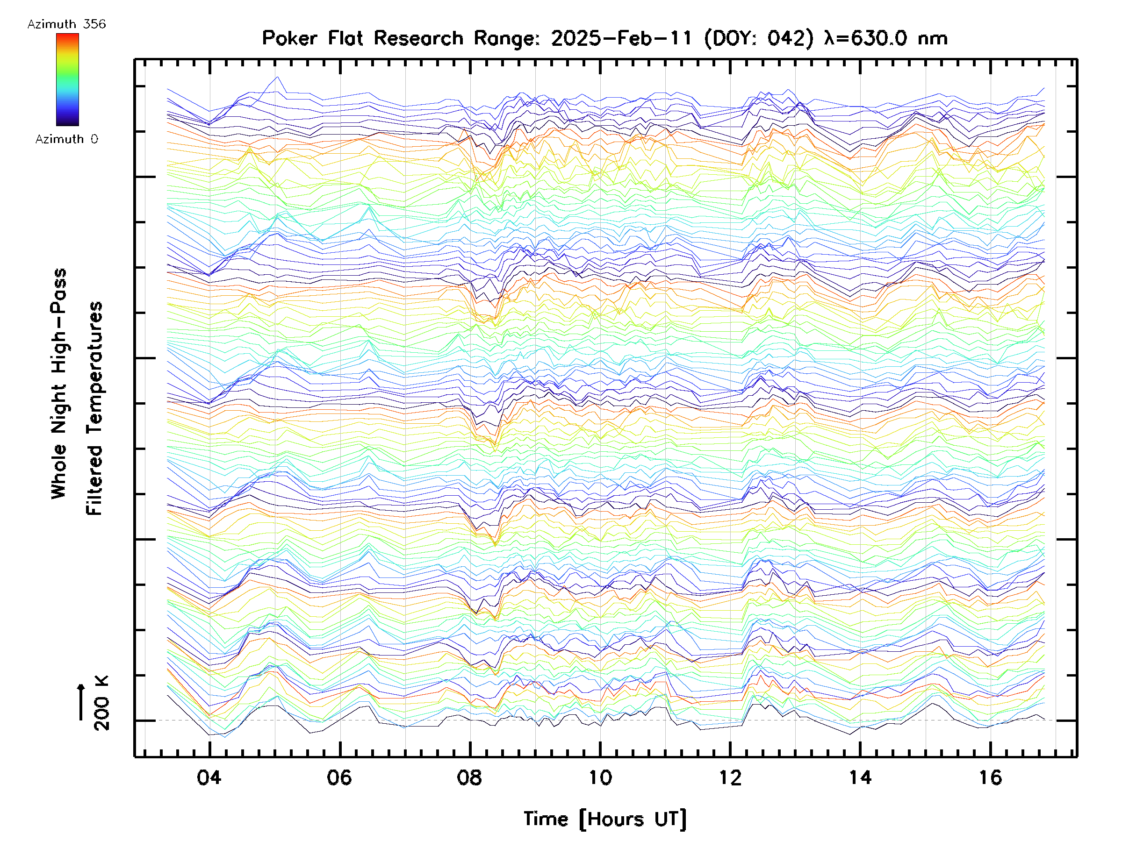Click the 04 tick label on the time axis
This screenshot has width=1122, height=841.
(209, 777)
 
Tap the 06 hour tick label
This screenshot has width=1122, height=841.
(339, 777)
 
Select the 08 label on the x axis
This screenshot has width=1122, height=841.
(469, 777)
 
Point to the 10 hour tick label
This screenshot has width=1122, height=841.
(600, 777)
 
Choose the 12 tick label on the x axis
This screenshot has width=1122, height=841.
(730, 777)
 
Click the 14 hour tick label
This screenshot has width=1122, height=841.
(860, 777)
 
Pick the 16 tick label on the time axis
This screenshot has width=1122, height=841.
(990, 777)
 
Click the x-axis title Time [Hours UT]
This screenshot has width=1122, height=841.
(605, 819)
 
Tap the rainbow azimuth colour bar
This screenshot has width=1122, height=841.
(67, 79)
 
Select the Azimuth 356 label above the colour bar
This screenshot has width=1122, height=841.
(66, 24)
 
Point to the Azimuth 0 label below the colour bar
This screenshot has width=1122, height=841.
(66, 139)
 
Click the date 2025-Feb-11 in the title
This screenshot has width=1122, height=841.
(622, 38)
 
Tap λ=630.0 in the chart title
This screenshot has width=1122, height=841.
(865, 38)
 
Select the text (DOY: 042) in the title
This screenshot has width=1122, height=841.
(759, 38)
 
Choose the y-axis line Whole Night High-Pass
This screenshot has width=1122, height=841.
(59, 384)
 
